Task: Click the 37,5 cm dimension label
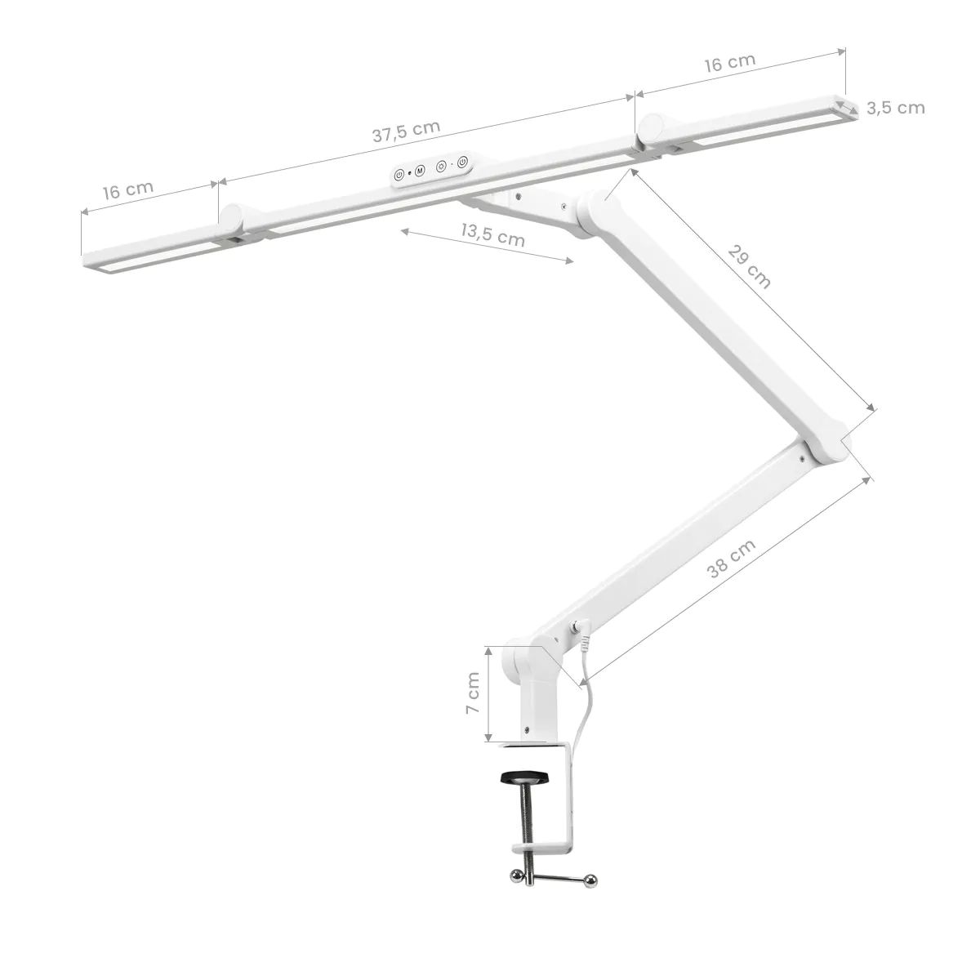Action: [406, 131]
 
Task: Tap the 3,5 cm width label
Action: [896, 108]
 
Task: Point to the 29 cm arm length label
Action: [748, 265]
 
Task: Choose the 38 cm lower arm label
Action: [732, 559]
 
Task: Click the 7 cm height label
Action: [473, 694]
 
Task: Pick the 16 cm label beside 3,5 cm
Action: [729, 63]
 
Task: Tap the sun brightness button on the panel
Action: [441, 167]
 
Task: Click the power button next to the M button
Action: [399, 174]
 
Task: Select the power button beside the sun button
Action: [462, 163]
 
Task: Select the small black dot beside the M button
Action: [410, 173]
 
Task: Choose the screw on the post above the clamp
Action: [527, 729]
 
